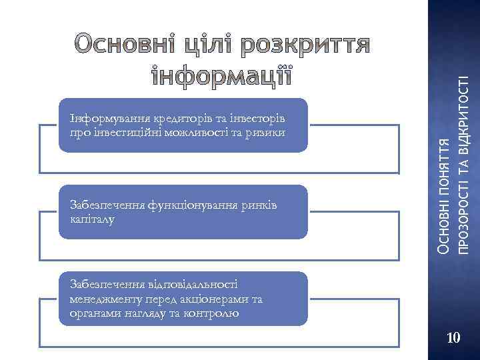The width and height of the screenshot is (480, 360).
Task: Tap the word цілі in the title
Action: point(201,45)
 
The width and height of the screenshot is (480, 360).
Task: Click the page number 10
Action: point(453,339)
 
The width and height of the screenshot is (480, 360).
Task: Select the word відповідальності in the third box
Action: point(194,284)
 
